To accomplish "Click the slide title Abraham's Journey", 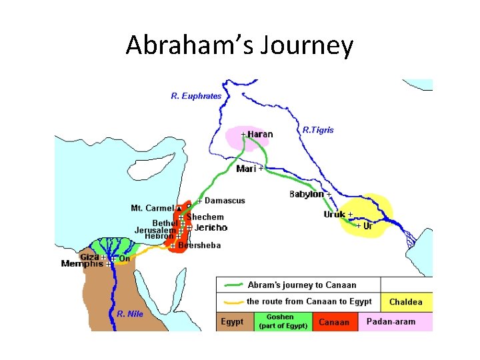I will (239, 45).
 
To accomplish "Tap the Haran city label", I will (259, 135).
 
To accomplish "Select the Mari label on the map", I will (246, 169).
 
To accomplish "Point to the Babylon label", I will (306, 195).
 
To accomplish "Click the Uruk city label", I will (334, 215).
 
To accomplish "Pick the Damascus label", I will (225, 201).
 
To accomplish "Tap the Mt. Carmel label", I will (152, 208).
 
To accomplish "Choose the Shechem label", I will (205, 217).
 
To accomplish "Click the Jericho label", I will (211, 227).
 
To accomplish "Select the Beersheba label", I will (199, 245).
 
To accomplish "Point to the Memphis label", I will (82, 264).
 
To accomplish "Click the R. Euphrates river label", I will (196, 96).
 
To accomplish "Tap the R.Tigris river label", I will (318, 130).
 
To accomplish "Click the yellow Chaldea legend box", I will (406, 302).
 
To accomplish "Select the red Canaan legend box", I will (334, 322).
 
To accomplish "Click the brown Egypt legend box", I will (232, 322).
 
